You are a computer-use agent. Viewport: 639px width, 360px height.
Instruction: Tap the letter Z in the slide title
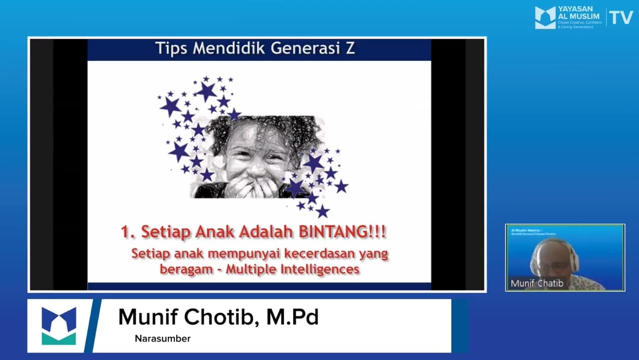coord(349,49)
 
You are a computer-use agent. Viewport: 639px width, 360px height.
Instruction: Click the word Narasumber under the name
coord(163,339)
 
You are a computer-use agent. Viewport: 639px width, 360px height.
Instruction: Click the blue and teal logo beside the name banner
coord(59,325)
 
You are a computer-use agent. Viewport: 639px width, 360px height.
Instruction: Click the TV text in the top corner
coord(621,18)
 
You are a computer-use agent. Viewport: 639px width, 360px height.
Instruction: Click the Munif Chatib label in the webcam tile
coord(537,284)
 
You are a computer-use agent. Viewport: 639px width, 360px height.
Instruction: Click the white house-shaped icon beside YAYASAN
coord(545,18)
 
